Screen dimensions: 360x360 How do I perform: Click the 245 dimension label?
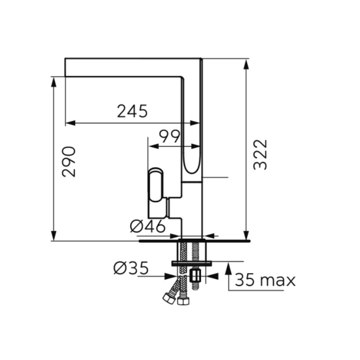132,112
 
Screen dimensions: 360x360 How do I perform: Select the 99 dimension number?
170,137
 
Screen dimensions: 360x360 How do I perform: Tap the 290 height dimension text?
68,161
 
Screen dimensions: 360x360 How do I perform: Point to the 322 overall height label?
260,155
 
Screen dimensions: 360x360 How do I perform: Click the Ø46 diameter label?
148,226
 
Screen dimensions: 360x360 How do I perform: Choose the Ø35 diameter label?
131,268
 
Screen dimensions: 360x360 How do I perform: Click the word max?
277,281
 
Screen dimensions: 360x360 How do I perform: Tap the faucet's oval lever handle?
156,185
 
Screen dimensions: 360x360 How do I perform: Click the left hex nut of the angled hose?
168,298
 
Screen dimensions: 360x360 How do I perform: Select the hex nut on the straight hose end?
184,301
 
